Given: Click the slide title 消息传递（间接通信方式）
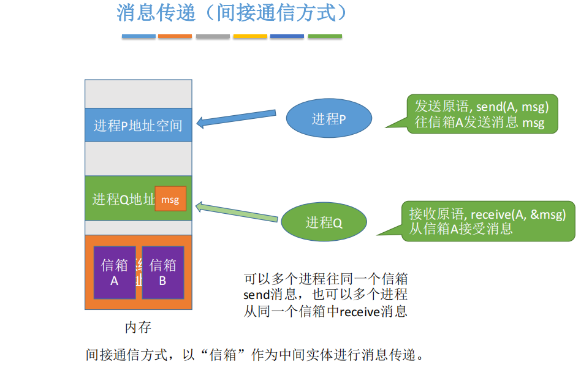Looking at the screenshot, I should (232, 13).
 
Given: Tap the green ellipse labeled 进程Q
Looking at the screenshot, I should (324, 222).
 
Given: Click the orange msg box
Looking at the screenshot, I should (170, 199).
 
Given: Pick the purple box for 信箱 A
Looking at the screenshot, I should (115, 273).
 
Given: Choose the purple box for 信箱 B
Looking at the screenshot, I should (163, 273).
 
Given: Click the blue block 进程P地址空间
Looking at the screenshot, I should (138, 126).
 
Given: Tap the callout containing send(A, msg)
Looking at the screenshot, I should (482, 113).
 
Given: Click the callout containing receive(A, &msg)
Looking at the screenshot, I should (487, 221).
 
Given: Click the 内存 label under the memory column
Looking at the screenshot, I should (138, 327).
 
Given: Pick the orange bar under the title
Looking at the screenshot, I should (175, 37).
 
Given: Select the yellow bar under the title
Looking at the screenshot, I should (250, 37).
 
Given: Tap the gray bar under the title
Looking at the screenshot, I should (213, 37).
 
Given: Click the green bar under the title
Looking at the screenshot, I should (325, 37).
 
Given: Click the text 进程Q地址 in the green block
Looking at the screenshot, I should (123, 199).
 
